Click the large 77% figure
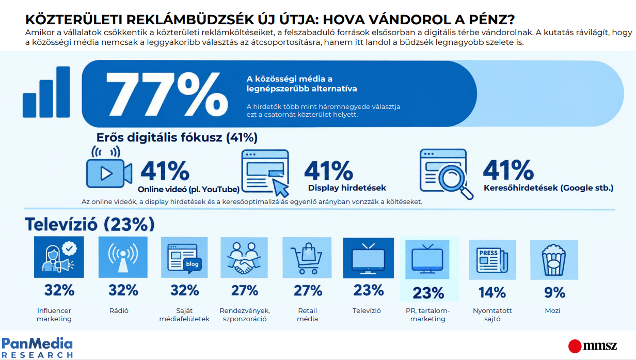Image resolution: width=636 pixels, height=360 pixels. [x=167, y=95]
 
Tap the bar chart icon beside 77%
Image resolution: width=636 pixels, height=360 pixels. [x=46, y=92]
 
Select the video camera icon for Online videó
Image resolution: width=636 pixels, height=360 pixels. [x=109, y=167]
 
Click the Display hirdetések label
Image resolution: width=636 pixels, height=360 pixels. [x=347, y=188]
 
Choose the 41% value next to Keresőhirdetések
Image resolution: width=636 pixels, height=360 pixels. [x=508, y=170]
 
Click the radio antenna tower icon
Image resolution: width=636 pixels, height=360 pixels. [x=123, y=257]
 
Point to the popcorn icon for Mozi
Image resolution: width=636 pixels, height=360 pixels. [x=554, y=260]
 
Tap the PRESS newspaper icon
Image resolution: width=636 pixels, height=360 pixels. [x=492, y=260]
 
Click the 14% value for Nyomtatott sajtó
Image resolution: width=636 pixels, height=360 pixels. [x=492, y=292]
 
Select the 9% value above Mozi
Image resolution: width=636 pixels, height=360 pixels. [x=554, y=292]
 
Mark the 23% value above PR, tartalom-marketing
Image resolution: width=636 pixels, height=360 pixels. [x=428, y=293]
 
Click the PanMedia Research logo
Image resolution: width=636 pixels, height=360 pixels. [x=37, y=347]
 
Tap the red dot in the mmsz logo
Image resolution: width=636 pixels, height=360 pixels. [x=575, y=347]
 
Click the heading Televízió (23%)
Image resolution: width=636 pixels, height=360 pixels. [x=90, y=224]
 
